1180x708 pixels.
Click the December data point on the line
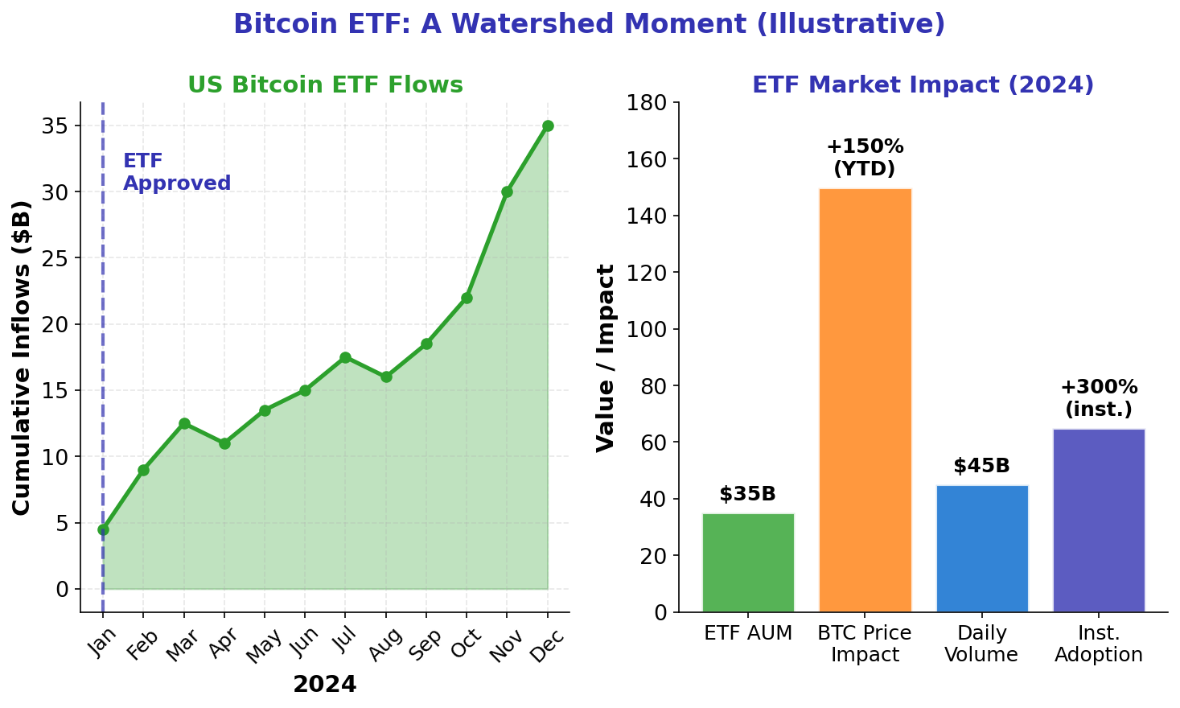548,126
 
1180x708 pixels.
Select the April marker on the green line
224,443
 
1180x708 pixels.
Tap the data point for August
386,377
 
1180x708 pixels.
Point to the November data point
507,192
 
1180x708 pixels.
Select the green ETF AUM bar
748,562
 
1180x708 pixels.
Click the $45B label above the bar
981,466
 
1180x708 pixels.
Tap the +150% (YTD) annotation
865,158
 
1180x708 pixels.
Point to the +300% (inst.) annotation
1099,398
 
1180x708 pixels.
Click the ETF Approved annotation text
177,172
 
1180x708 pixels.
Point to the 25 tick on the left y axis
61,258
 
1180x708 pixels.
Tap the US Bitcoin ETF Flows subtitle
325,85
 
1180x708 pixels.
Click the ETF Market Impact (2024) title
923,85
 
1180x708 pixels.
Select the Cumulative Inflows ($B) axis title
23,357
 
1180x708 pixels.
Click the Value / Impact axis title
606,357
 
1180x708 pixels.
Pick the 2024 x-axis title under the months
324,685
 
